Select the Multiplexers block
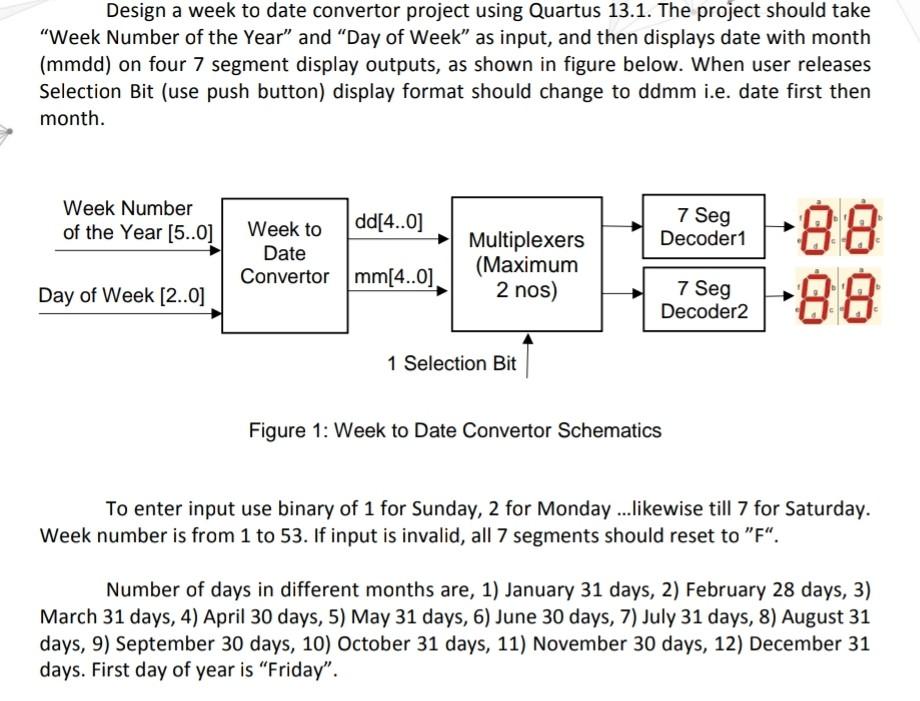(x=527, y=265)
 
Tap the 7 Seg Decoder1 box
(x=703, y=227)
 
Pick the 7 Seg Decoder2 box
(x=703, y=299)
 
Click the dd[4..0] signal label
(x=389, y=221)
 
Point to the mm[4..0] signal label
(x=395, y=276)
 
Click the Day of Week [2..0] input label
(x=122, y=295)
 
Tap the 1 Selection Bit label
(x=452, y=363)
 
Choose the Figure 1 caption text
(x=455, y=430)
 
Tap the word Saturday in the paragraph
(x=826, y=508)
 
